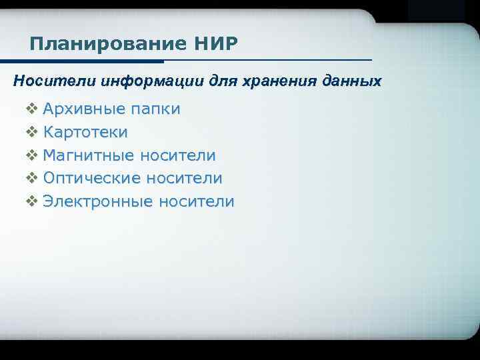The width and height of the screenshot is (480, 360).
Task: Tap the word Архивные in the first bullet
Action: [x=81, y=109]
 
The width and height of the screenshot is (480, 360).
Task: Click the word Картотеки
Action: [x=85, y=132]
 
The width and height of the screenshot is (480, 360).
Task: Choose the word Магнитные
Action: [x=88, y=155]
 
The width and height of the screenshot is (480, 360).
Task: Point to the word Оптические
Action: [x=91, y=178]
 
